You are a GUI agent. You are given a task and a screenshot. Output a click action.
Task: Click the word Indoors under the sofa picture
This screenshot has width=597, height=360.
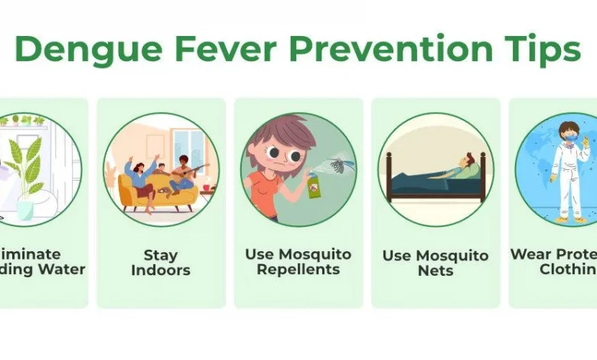pyautogui.click(x=161, y=270)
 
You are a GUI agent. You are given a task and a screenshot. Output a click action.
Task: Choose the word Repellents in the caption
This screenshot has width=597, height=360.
pyautogui.click(x=298, y=270)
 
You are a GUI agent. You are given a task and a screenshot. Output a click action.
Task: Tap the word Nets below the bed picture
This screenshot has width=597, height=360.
pyautogui.click(x=436, y=271)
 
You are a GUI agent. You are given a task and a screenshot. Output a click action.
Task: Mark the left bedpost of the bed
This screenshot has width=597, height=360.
pyautogui.click(x=389, y=176)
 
